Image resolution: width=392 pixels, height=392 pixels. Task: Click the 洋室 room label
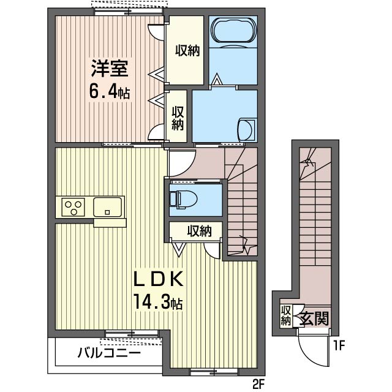tap(110, 67)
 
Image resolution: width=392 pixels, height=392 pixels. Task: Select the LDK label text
tap(159, 279)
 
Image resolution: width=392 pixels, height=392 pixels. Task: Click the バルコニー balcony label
tap(109, 353)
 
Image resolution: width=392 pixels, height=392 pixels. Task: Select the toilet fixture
tap(182, 198)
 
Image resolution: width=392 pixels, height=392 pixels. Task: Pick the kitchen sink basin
tap(107, 207)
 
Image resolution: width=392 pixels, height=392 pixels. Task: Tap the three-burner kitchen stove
tap(73, 207)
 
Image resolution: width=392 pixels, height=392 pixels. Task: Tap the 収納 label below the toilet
tap(198, 232)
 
